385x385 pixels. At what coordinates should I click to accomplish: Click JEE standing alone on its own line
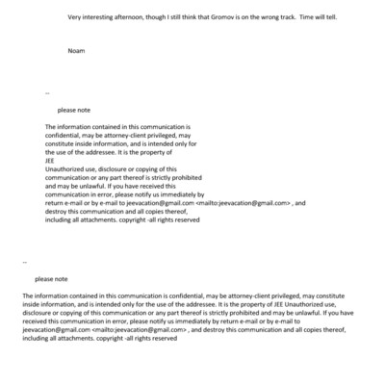pyautogui.click(x=52, y=161)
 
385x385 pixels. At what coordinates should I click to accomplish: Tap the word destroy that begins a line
pyautogui.click(x=58, y=212)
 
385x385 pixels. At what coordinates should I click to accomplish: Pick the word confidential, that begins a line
pyautogui.click(x=66, y=135)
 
